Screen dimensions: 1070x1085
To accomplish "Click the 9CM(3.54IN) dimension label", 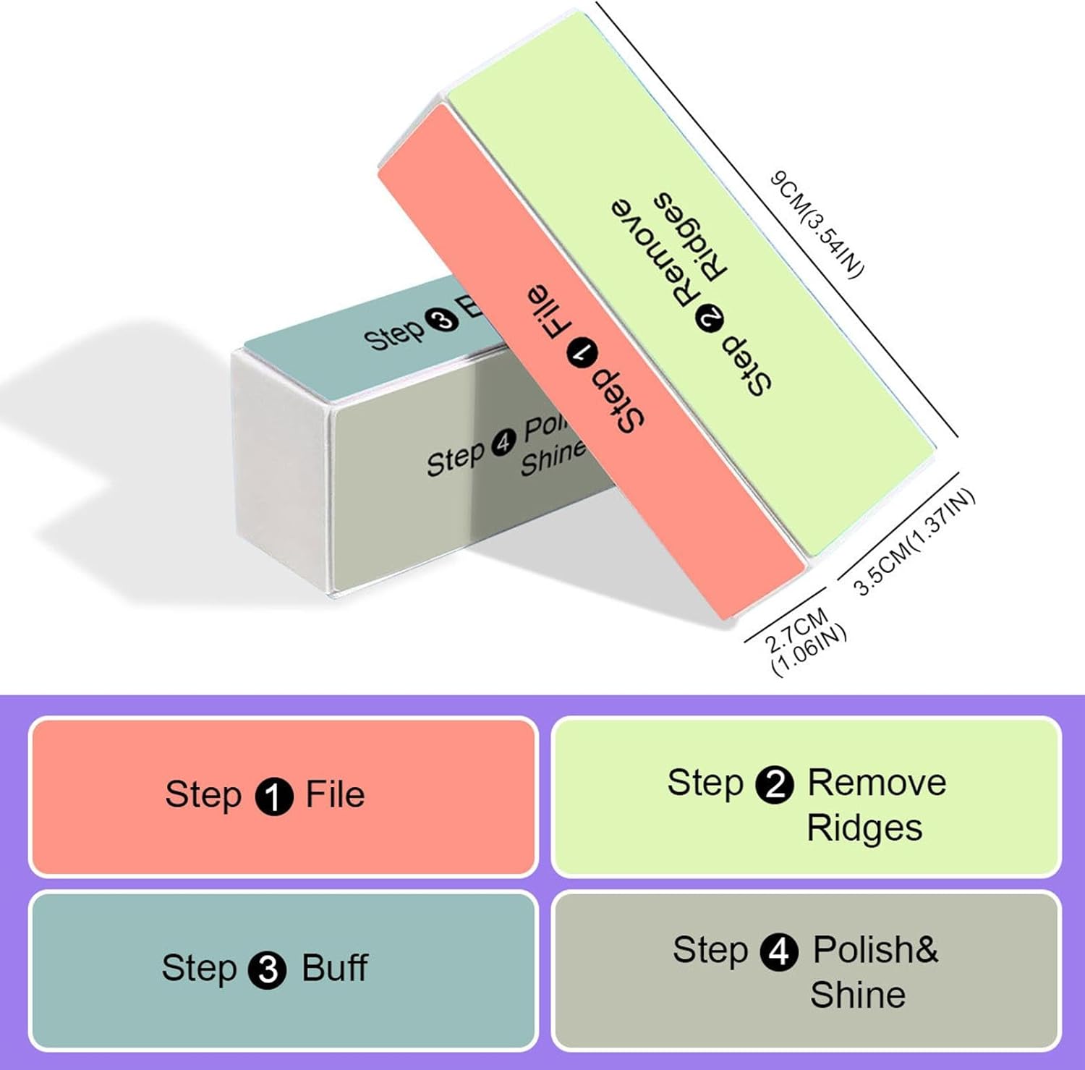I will (817, 224).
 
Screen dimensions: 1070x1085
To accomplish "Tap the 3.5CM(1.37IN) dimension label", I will (915, 543).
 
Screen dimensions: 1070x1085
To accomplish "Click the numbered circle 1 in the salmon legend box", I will (274, 796).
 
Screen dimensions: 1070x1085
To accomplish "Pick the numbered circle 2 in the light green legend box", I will (775, 784).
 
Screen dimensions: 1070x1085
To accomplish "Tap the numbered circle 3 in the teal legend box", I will (268, 970).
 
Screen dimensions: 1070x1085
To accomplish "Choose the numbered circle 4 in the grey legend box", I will (779, 951).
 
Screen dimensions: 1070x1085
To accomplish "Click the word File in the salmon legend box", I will (335, 794).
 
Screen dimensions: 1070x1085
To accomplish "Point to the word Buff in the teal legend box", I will (334, 968).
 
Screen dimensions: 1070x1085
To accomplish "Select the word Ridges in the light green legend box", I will (864, 828).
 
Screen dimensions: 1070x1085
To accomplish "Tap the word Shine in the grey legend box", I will (858, 995).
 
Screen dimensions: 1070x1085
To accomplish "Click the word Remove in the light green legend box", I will (877, 783).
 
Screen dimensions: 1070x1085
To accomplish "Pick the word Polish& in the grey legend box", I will (875, 950).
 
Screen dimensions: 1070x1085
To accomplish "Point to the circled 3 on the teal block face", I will (443, 319).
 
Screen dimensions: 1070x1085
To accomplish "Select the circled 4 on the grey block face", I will (504, 442).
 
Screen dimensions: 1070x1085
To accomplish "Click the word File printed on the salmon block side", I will (544, 313).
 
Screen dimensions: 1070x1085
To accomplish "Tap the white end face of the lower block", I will (279, 470).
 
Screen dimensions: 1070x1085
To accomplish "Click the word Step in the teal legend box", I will (199, 969).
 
